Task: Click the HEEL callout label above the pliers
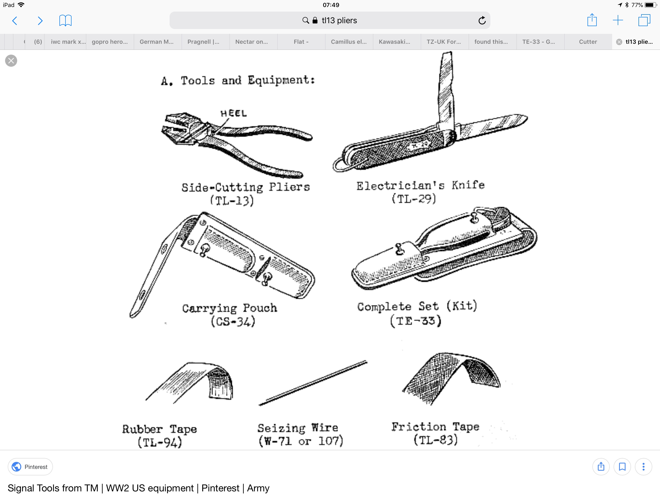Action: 234,113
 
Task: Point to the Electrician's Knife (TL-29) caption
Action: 420,192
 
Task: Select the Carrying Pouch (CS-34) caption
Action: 230,315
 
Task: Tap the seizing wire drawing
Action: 313,383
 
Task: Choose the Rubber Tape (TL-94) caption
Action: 160,436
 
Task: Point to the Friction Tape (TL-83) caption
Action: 435,433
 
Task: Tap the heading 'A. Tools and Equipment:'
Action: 238,80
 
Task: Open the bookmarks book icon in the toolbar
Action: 65,21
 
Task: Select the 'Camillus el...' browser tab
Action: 349,42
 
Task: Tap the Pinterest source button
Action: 30,467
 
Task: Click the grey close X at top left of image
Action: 11,61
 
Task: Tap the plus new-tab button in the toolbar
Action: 618,20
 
